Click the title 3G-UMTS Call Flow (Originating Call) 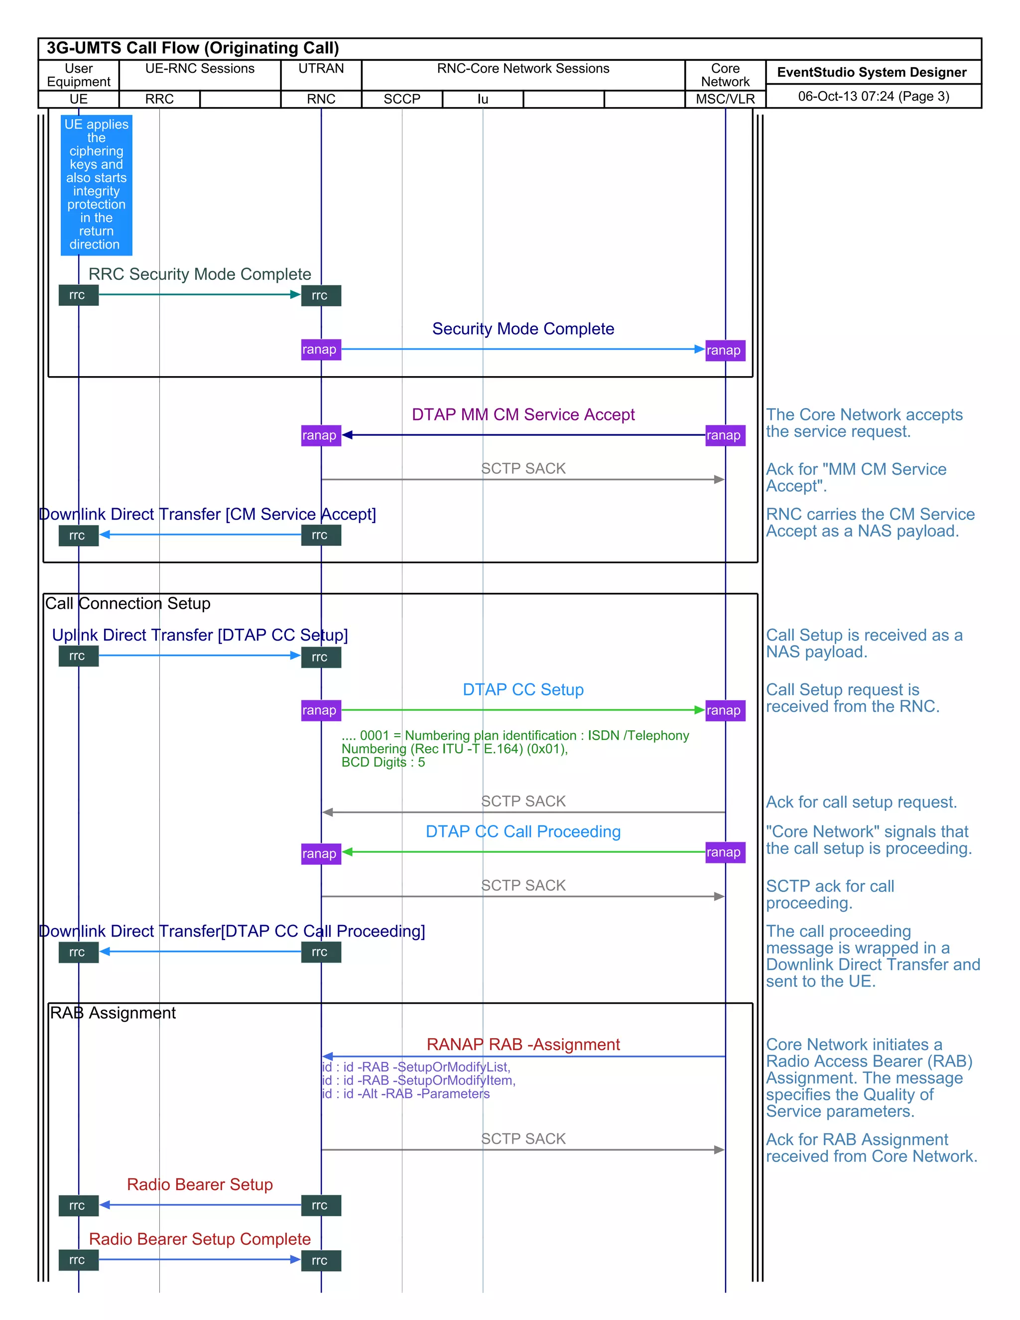click(x=192, y=48)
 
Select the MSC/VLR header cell click(x=725, y=99)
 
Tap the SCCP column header click(x=402, y=99)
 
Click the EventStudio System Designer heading click(x=872, y=73)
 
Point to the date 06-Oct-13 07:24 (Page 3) click(x=873, y=96)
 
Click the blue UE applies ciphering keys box click(x=96, y=184)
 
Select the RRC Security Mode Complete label click(x=199, y=274)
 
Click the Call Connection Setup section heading click(x=127, y=603)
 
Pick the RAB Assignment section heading click(x=113, y=1013)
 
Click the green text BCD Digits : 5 click(x=382, y=763)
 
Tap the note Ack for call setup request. click(x=861, y=802)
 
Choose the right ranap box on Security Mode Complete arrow click(x=725, y=351)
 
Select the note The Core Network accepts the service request click(x=864, y=423)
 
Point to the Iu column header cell click(x=482, y=99)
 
